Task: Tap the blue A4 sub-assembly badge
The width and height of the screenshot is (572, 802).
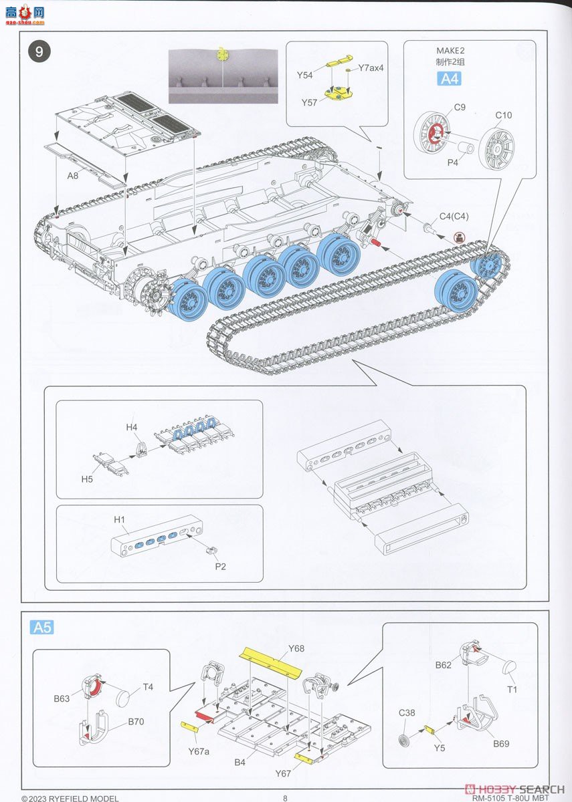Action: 449,79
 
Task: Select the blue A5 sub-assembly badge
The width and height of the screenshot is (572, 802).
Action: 42,628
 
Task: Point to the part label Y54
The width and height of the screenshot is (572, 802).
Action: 305,75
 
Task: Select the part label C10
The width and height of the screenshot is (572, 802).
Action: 503,116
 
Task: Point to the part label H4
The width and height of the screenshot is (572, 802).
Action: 131,427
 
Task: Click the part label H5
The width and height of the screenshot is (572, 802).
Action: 88,479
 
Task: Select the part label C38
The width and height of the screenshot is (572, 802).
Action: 407,713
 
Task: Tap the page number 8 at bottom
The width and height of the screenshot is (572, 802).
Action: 285,797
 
